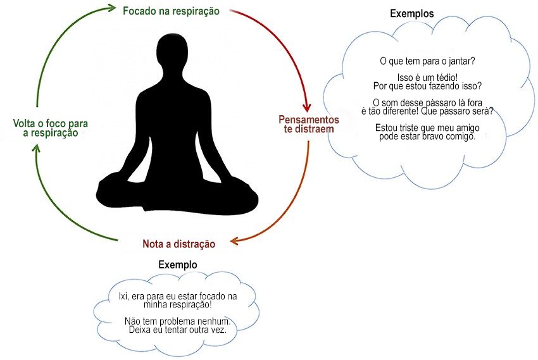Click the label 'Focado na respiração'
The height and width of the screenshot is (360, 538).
[171, 11]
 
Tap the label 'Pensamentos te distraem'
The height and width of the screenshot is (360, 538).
[308, 124]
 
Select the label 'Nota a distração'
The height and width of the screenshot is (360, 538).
[178, 244]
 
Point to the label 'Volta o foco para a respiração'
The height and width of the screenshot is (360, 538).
[51, 128]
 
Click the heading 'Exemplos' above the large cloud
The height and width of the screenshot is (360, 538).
[412, 14]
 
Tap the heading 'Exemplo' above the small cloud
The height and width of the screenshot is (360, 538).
[178, 264]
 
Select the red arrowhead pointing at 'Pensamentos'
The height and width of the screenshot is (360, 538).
[306, 107]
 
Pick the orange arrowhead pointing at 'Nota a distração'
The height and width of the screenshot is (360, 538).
[234, 240]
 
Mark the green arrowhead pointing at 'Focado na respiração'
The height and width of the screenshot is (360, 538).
[112, 8]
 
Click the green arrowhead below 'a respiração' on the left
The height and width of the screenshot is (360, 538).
[36, 148]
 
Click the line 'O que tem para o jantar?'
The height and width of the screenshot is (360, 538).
[427, 61]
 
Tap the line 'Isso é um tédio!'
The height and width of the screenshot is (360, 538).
[427, 77]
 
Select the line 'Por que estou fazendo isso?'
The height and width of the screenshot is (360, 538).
[427, 85]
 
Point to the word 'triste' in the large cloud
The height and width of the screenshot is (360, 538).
[408, 128]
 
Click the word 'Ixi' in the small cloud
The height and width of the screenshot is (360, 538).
[123, 296]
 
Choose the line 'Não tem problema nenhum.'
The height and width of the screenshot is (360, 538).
[177, 321]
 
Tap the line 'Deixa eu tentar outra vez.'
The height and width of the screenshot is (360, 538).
[177, 330]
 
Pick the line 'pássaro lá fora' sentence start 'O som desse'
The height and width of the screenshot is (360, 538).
[427, 102]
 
